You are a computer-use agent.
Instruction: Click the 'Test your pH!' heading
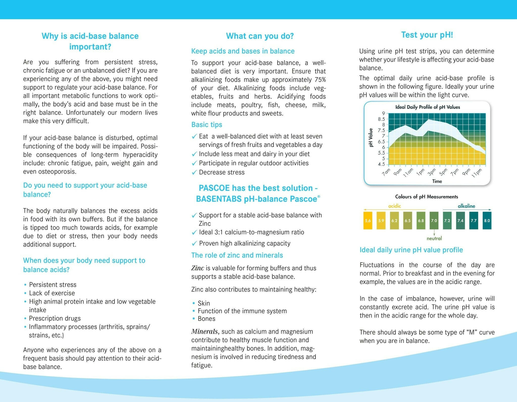click(x=427, y=35)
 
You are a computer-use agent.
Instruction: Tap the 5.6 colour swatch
click(x=368, y=221)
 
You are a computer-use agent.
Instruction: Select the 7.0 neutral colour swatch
click(x=434, y=221)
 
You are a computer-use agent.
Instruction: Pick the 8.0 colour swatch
click(x=487, y=221)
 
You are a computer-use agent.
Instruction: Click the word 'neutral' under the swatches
click(x=434, y=238)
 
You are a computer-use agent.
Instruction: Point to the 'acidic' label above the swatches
click(x=395, y=206)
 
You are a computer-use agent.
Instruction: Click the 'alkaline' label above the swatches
click(x=466, y=206)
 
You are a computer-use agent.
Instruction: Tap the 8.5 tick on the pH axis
click(x=381, y=119)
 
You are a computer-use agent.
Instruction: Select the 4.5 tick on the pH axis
click(x=381, y=164)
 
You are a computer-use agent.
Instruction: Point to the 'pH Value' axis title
click(x=371, y=138)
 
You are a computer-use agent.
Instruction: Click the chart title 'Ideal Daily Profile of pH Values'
click(x=428, y=107)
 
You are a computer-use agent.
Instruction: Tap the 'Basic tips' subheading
click(x=207, y=125)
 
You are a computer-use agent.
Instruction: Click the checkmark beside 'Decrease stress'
click(x=194, y=173)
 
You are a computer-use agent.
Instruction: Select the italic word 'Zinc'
click(x=198, y=268)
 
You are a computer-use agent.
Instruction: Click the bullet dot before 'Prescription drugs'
click(x=25, y=319)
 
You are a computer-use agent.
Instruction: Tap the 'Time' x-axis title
click(x=437, y=181)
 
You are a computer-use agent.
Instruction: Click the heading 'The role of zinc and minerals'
click(x=237, y=255)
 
